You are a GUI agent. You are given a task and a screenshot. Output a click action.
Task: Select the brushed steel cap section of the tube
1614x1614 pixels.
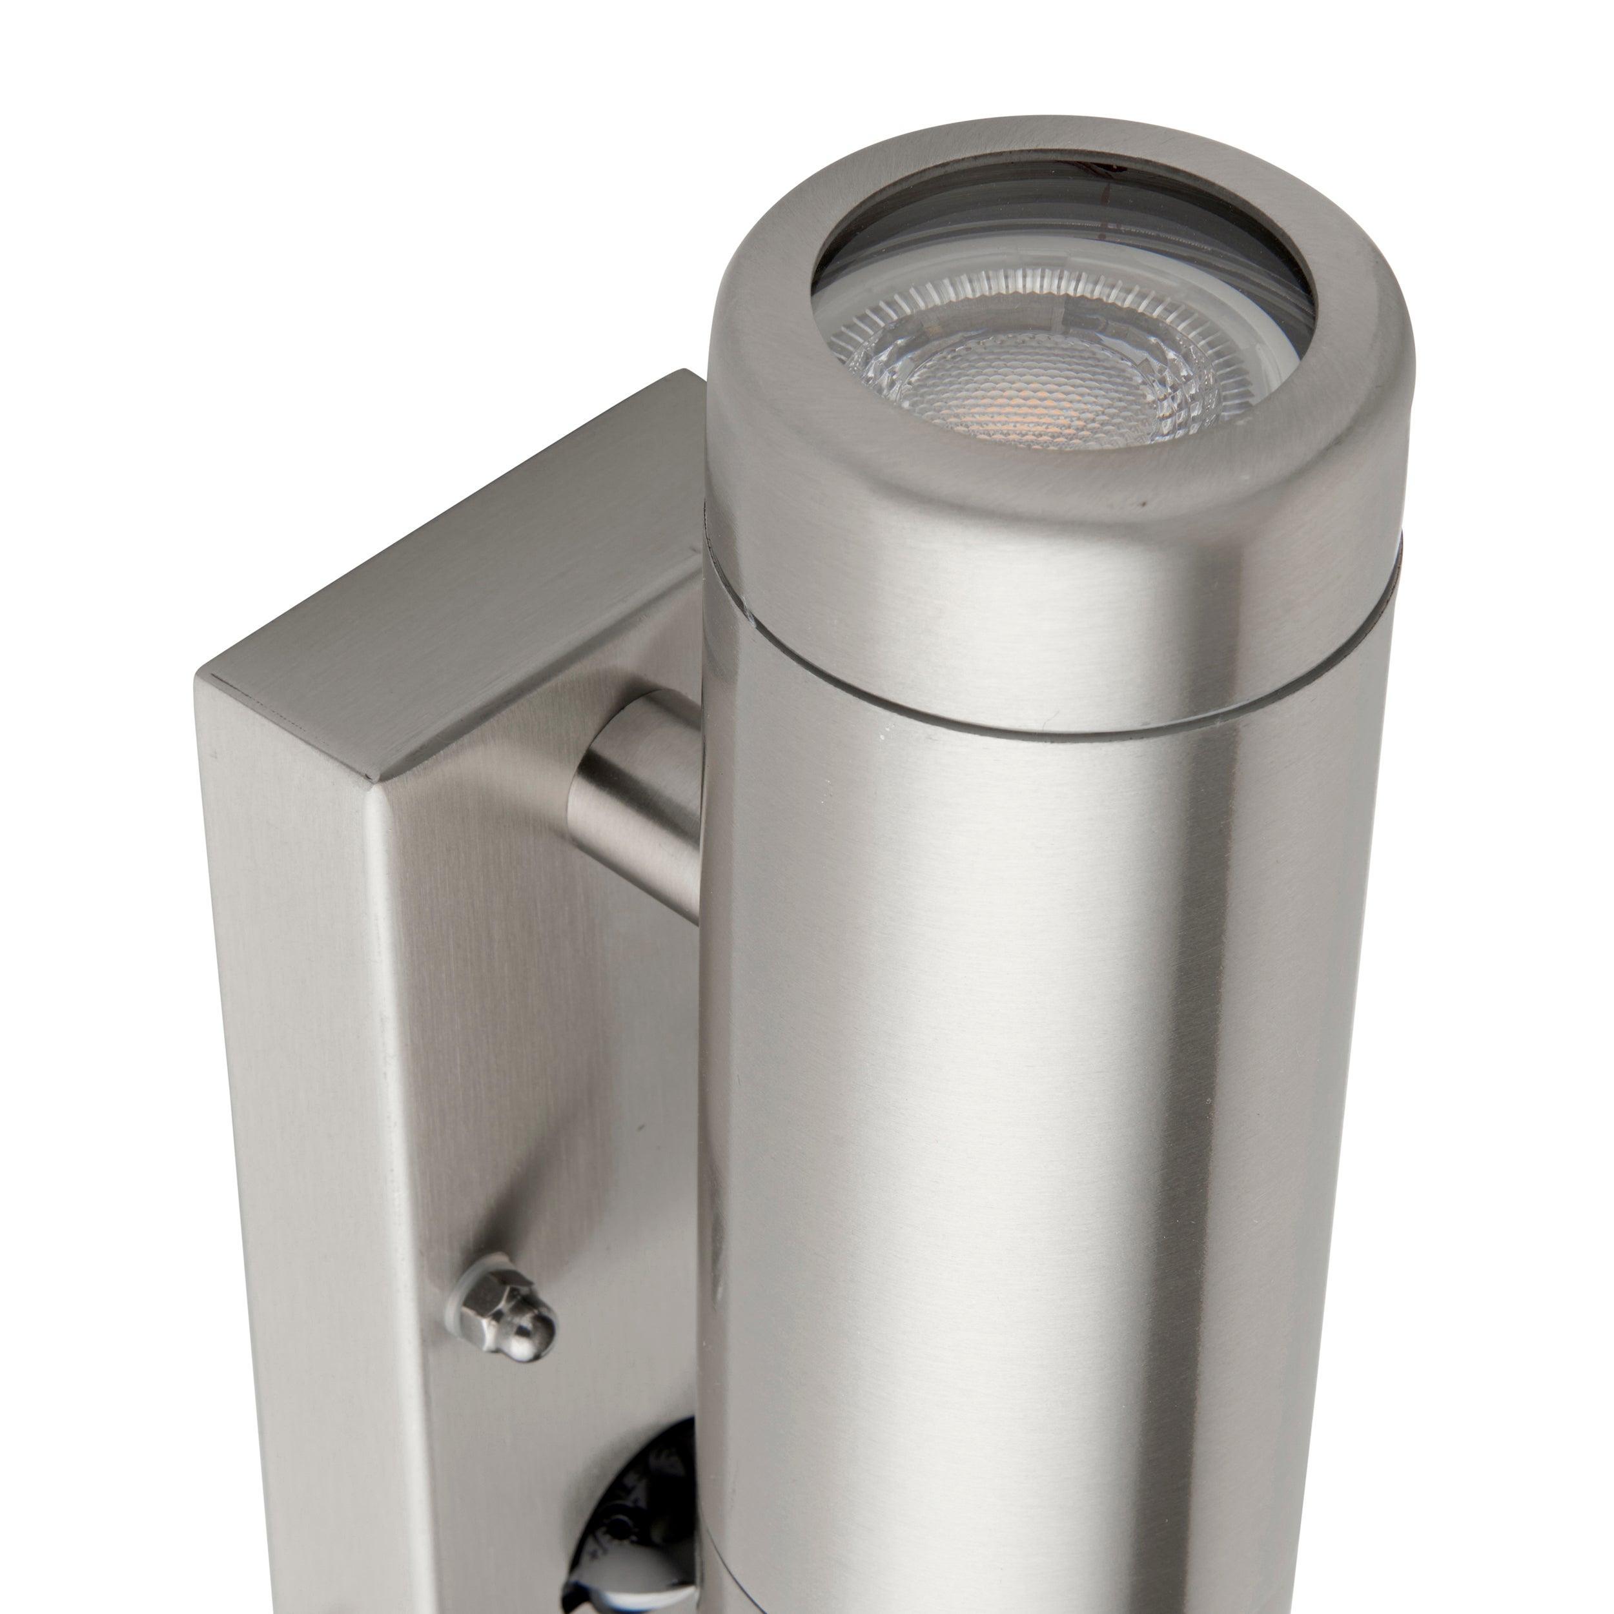click(1003, 543)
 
